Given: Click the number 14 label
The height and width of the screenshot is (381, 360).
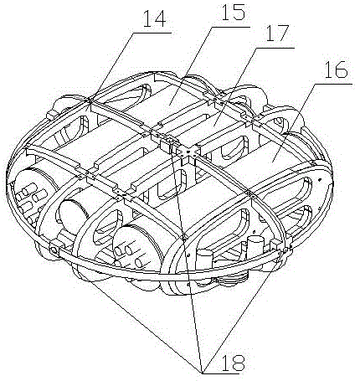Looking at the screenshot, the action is [x=155, y=19].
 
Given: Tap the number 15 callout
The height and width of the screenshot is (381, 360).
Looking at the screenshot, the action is [x=233, y=13].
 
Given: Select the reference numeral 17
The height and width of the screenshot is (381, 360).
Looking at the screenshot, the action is [x=276, y=34].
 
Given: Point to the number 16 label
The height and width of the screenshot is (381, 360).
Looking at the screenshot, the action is [x=336, y=70].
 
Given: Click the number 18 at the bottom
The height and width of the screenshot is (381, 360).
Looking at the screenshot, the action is [x=233, y=363].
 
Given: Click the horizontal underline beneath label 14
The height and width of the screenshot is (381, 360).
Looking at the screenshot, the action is [x=152, y=33].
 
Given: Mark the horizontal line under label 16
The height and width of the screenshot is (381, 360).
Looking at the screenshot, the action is [x=334, y=84].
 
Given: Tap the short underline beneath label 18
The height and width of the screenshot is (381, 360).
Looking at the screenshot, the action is [x=220, y=373].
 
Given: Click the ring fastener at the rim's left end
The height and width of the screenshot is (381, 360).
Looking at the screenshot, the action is [x=54, y=250].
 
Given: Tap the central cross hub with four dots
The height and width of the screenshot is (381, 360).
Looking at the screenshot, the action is [x=188, y=152].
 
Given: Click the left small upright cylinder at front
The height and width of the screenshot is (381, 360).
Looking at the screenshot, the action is [x=205, y=260].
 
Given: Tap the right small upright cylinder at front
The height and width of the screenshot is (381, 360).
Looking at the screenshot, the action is [x=254, y=245].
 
